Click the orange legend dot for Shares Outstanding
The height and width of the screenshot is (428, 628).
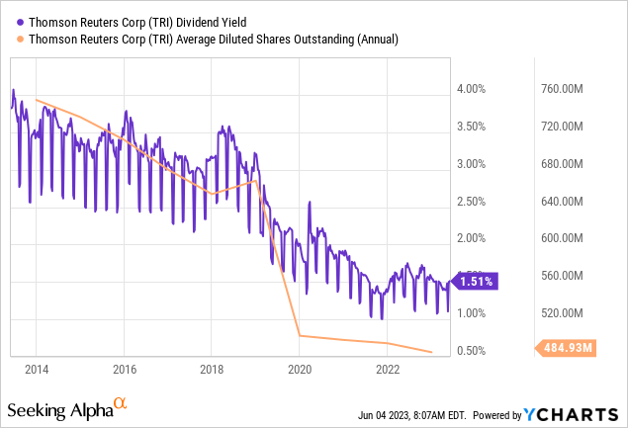click(11, 40)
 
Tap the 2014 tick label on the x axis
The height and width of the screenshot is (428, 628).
click(37, 371)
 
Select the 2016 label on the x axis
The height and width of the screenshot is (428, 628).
click(125, 371)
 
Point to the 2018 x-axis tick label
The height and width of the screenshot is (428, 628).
click(213, 371)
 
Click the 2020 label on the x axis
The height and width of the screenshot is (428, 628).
click(300, 371)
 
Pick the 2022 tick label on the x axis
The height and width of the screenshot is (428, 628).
click(388, 371)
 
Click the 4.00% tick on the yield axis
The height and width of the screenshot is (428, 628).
click(474, 90)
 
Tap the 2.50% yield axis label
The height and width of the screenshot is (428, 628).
click(474, 202)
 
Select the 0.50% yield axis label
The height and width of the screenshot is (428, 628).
click(474, 351)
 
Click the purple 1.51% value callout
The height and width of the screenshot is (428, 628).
click(477, 281)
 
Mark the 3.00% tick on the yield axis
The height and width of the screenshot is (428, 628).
click(474, 164)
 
